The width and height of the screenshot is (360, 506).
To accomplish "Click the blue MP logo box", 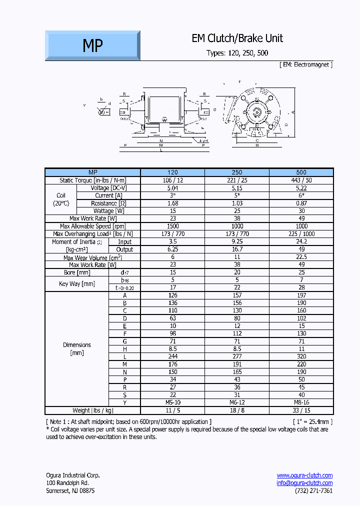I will tap(92, 45).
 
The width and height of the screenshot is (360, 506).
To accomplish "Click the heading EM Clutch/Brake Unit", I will tap(237, 38).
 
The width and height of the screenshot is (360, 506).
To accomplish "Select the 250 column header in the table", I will tap(237, 172).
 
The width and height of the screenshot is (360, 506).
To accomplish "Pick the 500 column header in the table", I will tap(301, 172).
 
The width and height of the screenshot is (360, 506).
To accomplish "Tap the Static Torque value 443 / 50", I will tap(301, 180).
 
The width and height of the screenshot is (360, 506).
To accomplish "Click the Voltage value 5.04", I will tap(173, 188).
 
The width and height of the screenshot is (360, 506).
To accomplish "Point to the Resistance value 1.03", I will tap(237, 203).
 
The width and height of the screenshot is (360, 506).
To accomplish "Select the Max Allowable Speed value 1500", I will tap(173, 226).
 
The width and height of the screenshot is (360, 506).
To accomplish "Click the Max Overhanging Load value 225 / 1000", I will tap(301, 234).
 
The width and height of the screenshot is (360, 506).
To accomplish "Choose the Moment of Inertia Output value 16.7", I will tap(237, 249).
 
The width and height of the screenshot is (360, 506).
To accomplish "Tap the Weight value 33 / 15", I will tap(301, 410).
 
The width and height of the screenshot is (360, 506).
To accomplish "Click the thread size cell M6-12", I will tap(237, 402).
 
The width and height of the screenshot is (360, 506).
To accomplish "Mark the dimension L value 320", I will tap(301, 356).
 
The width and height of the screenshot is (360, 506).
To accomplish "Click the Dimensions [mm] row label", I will tap(77, 348).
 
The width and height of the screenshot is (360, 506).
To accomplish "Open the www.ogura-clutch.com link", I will tap(304, 475).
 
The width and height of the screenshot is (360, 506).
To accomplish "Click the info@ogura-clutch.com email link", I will tap(304, 483).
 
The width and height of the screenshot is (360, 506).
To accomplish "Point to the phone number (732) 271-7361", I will tap(313, 490).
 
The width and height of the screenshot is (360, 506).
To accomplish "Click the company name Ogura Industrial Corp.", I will tap(72, 475).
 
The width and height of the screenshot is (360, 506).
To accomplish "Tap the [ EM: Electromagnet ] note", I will tap(305, 64).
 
